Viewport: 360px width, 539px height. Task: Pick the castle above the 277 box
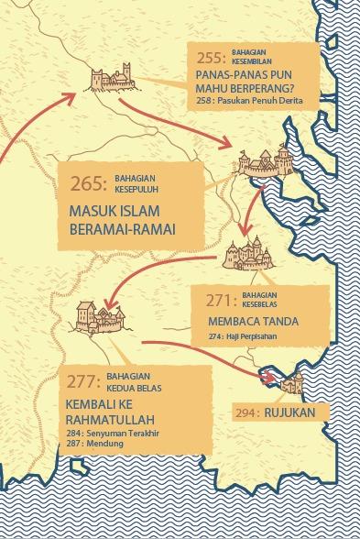[97, 317]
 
